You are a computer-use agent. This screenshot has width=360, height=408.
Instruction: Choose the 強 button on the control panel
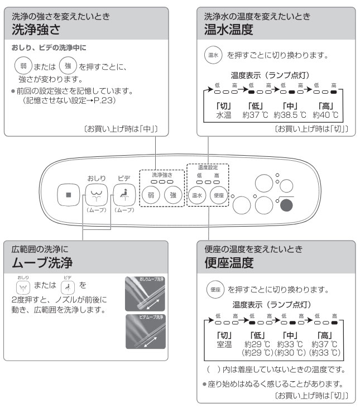coord(173,195)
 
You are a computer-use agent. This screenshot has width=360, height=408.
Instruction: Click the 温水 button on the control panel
coord(197,195)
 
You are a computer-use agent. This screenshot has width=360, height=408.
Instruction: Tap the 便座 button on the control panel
coord(218,195)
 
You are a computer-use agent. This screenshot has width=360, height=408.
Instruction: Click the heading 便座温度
coord(229,261)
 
